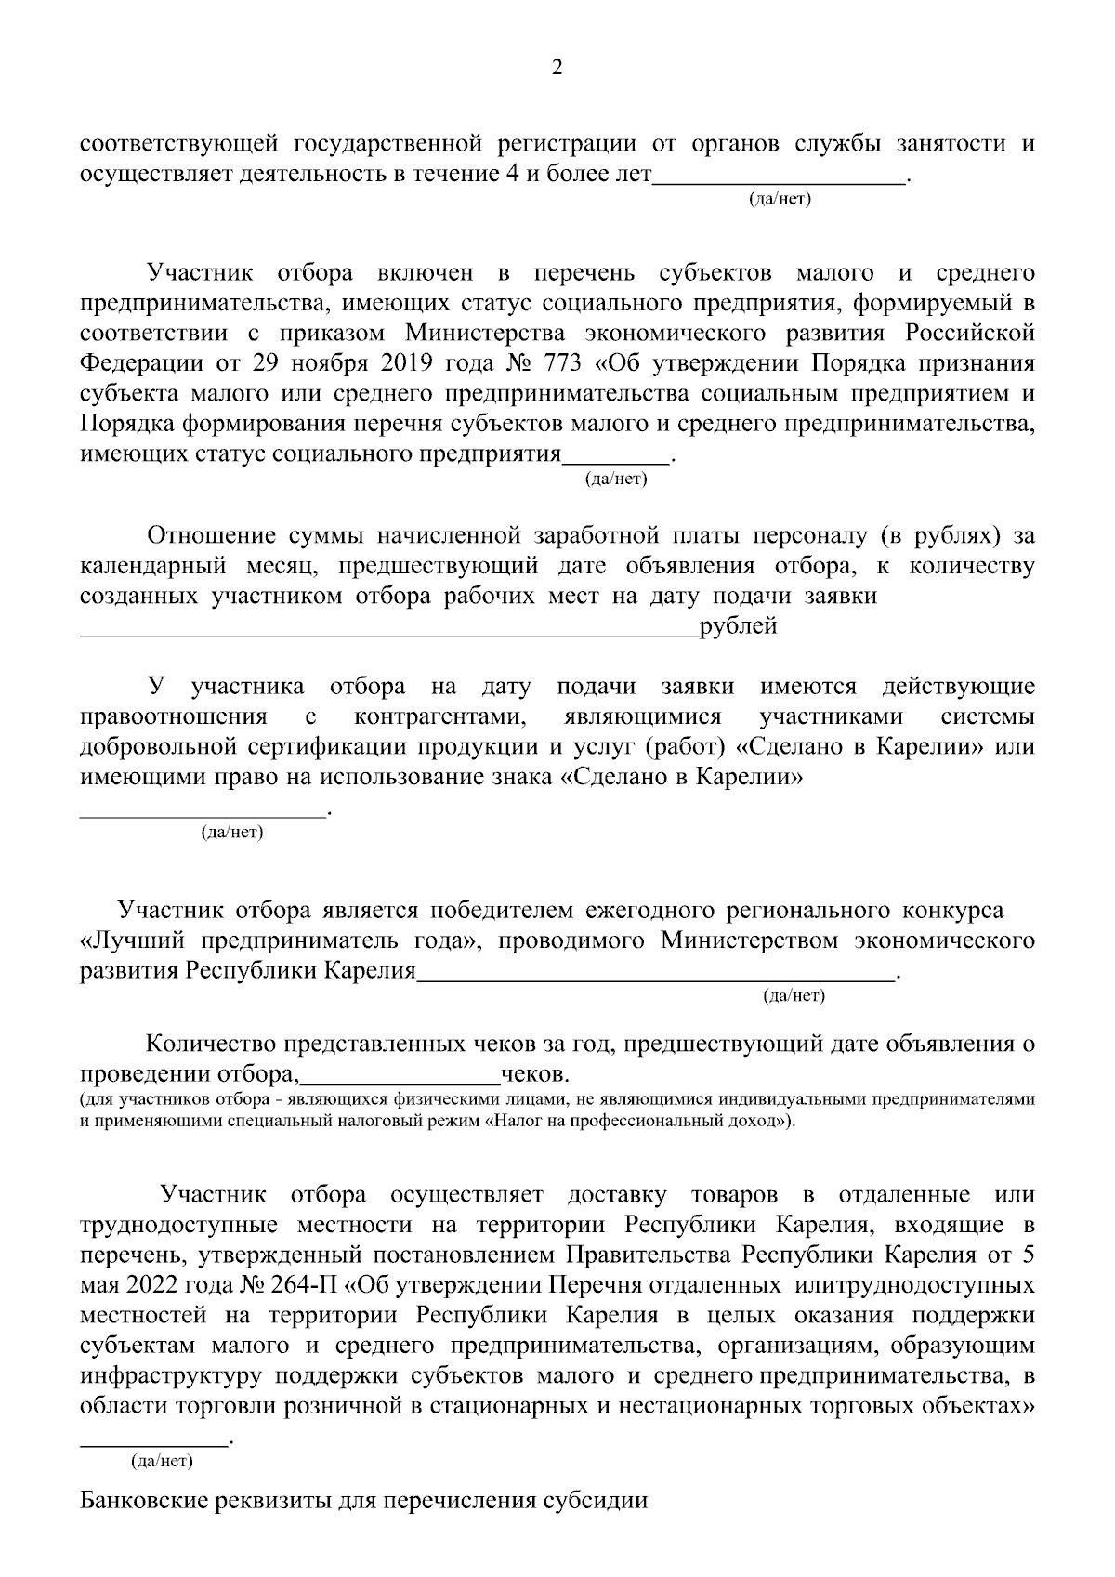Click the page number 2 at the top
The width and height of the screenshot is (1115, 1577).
557,68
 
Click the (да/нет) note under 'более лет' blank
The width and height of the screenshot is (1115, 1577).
780,200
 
